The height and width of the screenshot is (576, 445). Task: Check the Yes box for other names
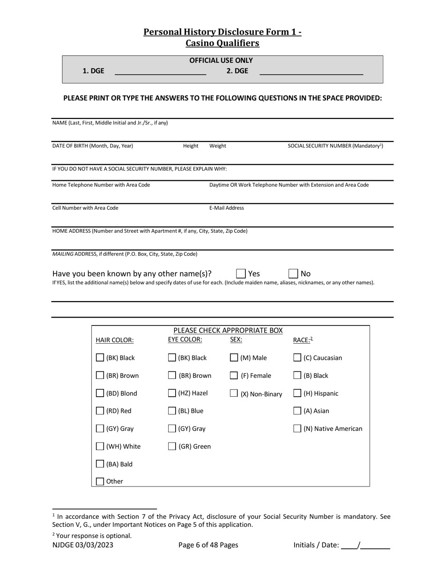[241, 273]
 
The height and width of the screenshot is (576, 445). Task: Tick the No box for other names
[293, 273]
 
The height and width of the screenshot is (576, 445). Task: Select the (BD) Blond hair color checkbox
[100, 393]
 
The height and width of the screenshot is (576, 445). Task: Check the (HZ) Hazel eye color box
[172, 393]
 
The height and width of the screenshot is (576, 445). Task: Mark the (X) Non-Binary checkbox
[234, 393]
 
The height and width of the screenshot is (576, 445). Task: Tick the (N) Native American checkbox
[297, 428]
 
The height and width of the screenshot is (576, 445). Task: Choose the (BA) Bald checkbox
[100, 464]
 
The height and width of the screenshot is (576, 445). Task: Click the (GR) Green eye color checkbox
[172, 446]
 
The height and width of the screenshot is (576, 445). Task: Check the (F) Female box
[234, 376]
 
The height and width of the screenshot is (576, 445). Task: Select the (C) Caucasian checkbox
[297, 358]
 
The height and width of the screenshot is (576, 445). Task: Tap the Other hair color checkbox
[100, 481]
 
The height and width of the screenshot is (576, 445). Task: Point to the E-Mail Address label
[227, 208]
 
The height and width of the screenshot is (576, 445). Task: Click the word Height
[191, 146]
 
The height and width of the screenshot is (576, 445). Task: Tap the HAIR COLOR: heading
[115, 340]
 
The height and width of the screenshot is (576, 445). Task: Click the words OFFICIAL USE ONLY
[221, 60]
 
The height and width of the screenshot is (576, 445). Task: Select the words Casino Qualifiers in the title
[222, 43]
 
